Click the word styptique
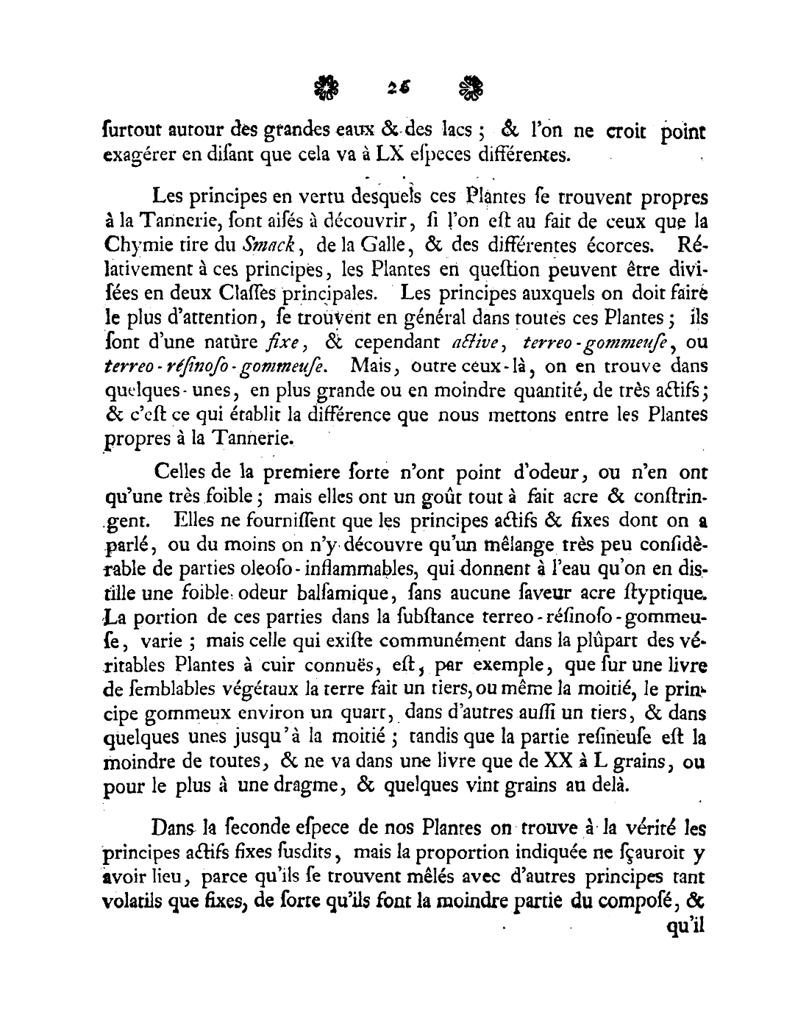pyautogui.click(x=669, y=593)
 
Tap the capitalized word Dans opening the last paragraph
pyautogui.click(x=174, y=828)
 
